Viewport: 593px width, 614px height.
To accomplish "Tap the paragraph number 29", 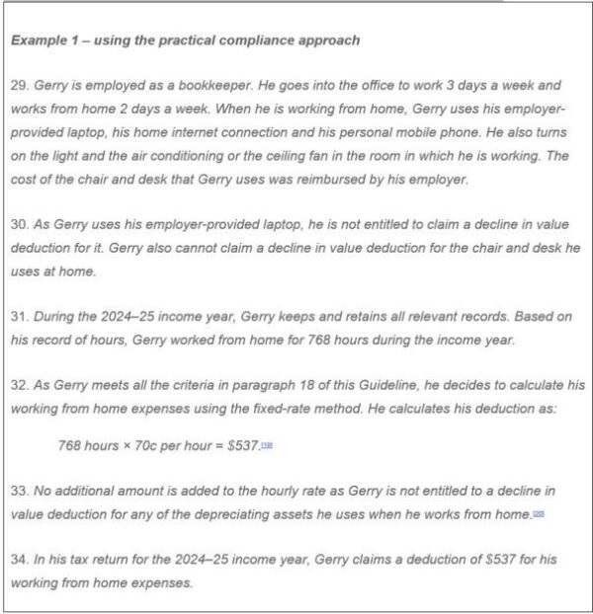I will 19,86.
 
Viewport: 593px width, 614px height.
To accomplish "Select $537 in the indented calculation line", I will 242,445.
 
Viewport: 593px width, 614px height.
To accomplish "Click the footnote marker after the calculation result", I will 266,446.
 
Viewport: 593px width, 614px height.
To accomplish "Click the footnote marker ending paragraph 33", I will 539,514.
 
